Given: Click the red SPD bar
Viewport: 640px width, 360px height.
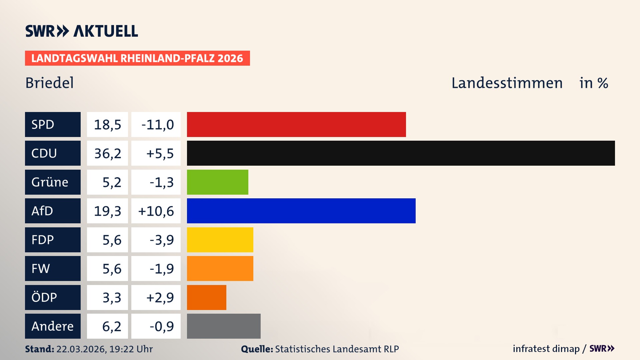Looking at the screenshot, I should (x=296, y=124).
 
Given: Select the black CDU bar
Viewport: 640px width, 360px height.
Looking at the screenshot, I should (x=401, y=153).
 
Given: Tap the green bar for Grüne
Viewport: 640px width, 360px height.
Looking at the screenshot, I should (x=217, y=182).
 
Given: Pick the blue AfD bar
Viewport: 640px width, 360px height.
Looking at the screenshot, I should (x=301, y=211).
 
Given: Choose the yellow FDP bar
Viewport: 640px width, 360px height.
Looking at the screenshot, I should (x=220, y=240).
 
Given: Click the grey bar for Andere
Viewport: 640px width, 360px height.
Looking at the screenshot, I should (x=224, y=326).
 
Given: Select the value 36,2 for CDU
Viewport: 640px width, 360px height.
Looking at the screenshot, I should (x=107, y=153).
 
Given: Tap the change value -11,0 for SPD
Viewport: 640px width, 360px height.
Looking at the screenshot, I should (x=157, y=125).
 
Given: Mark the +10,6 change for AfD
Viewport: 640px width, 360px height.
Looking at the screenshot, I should (x=156, y=211).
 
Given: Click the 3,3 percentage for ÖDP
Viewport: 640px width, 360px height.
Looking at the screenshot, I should (x=111, y=297).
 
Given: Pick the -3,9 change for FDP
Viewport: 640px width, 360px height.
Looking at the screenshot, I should (x=161, y=240).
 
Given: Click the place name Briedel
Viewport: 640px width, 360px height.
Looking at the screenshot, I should (x=49, y=83).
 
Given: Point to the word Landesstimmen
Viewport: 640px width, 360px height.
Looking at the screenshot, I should (x=507, y=83).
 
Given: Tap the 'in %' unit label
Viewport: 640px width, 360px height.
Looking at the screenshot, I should (x=593, y=83).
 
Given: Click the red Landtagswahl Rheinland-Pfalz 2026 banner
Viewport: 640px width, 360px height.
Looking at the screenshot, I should (x=137, y=58).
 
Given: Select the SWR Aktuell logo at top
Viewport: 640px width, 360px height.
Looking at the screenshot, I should (x=81, y=31).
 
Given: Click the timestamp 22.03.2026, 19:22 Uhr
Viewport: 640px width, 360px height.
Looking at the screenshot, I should (x=104, y=349).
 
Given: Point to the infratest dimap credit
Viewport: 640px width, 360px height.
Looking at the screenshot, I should (x=546, y=349).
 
